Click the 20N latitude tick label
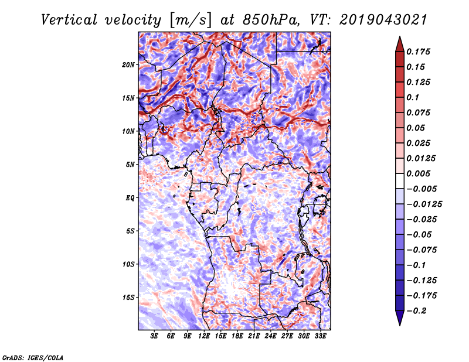tap(128, 64)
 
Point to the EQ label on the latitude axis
tap(130, 198)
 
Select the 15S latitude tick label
tap(128, 298)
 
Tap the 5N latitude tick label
tap(130, 165)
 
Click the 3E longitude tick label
tap(155, 337)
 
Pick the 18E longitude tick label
tap(238, 337)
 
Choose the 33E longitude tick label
tap(321, 337)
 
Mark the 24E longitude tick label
tap(271, 337)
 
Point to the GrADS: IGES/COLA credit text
tap(33, 356)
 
